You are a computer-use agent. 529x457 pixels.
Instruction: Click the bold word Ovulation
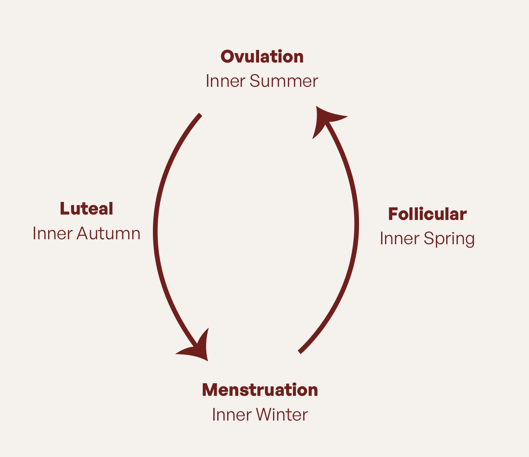(262, 57)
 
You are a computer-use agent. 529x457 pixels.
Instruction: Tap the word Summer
(283, 81)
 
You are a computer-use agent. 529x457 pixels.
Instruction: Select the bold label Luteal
(86, 209)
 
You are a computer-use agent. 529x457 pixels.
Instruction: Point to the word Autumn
(108, 233)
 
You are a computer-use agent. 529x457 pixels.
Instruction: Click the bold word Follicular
(427, 214)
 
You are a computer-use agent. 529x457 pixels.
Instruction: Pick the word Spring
(450, 239)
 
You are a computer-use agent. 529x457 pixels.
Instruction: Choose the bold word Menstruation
(260, 390)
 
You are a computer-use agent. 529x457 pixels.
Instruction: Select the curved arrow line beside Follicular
(356, 225)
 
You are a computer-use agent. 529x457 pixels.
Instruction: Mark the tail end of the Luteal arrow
(200, 115)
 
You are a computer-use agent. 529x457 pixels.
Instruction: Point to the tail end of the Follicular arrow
(300, 351)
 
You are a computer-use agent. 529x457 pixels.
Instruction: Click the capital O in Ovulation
(228, 57)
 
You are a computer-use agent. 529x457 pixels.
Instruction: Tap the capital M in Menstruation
(211, 390)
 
